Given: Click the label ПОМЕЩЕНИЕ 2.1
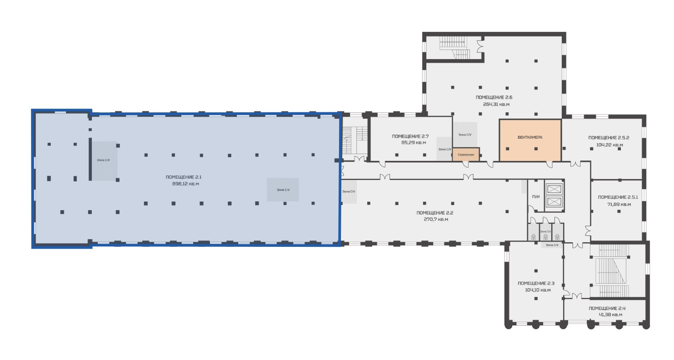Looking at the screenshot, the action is (x=184, y=177).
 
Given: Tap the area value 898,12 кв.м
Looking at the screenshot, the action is (x=185, y=184).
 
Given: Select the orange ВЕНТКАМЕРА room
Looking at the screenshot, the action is (x=530, y=140).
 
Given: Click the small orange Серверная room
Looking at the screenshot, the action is (x=466, y=155).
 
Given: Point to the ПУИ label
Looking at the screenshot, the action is (x=535, y=196).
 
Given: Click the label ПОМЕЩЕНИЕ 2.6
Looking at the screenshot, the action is (x=494, y=97).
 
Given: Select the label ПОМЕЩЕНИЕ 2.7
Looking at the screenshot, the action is (x=410, y=136).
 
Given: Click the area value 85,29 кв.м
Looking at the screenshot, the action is (x=414, y=143).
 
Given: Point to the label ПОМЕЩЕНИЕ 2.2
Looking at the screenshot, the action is (x=435, y=213).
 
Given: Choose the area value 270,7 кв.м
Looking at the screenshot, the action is (x=436, y=220).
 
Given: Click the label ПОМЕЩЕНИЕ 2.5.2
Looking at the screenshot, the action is (x=609, y=138).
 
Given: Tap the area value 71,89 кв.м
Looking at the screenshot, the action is (x=619, y=205).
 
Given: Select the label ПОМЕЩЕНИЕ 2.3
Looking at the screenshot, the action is (x=536, y=283).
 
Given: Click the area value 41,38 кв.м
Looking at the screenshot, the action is (x=610, y=315).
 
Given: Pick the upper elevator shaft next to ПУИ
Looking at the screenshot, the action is (x=553, y=190).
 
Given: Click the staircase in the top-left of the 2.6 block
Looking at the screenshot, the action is (x=454, y=48).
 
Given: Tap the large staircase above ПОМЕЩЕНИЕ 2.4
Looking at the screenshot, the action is (x=611, y=271).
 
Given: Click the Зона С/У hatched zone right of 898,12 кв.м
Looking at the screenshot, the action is (x=283, y=190).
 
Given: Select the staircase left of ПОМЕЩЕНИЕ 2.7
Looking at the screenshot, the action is (x=355, y=140).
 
